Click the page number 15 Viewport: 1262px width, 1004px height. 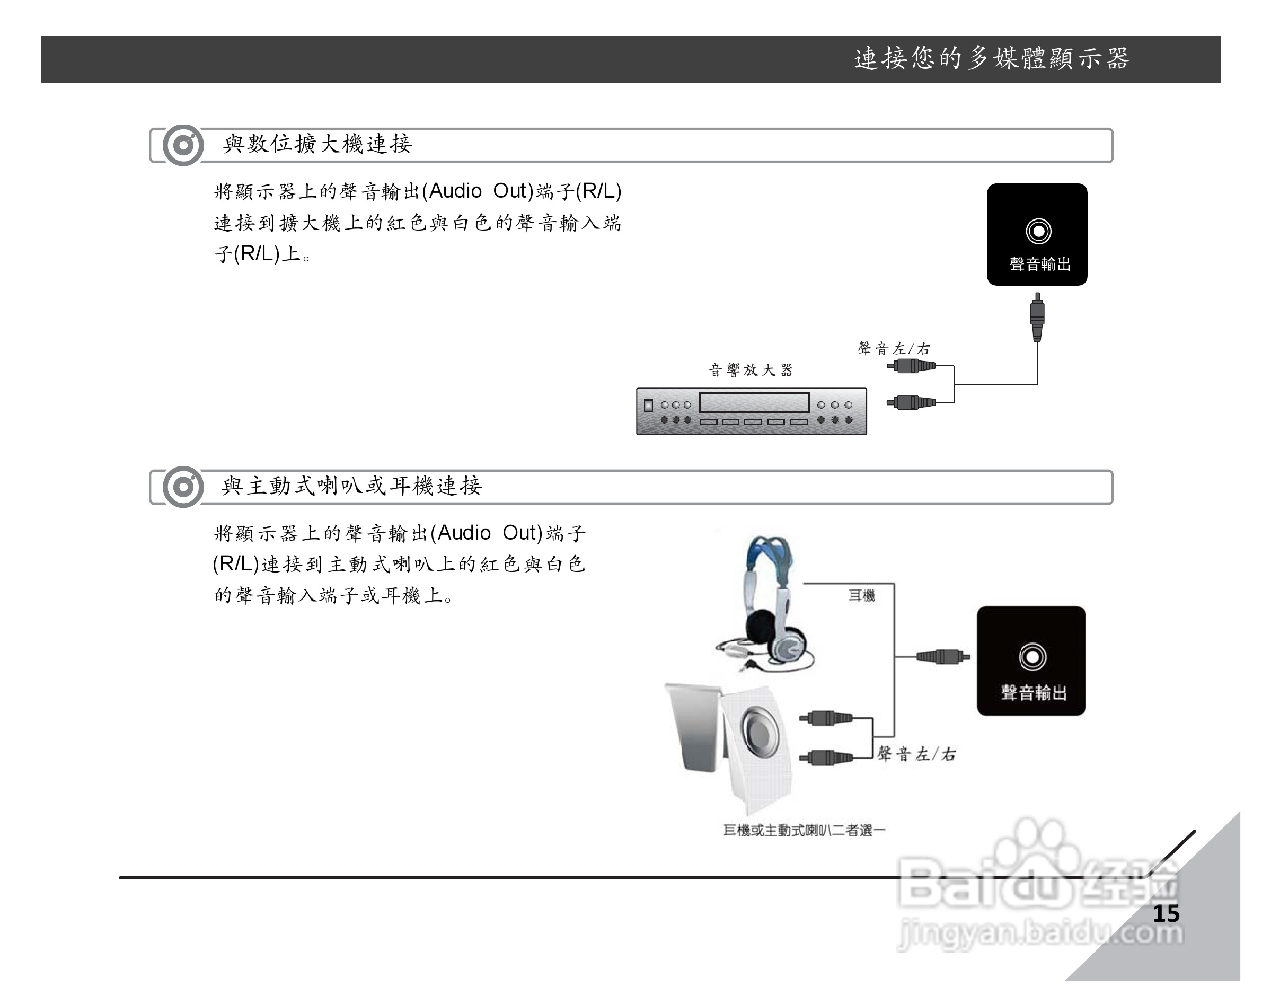(x=1166, y=913)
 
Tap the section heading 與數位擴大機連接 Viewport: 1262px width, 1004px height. (x=317, y=144)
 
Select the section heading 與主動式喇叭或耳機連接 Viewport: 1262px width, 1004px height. (x=351, y=486)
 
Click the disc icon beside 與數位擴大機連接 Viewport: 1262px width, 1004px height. (x=183, y=145)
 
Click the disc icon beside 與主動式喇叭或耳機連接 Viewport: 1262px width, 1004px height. (x=183, y=487)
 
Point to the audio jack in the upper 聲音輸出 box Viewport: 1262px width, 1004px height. (x=1038, y=231)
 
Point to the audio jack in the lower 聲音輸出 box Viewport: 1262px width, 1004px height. (x=1032, y=657)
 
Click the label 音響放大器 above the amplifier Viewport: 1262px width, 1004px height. (x=751, y=370)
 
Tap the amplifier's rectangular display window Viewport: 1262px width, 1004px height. (x=754, y=402)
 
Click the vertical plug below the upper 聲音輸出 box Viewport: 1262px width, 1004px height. (x=1037, y=318)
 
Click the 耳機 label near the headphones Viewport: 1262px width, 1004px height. (x=862, y=596)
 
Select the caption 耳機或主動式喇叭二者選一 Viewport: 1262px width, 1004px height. (x=804, y=830)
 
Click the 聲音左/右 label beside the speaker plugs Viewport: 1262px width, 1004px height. (x=916, y=754)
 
